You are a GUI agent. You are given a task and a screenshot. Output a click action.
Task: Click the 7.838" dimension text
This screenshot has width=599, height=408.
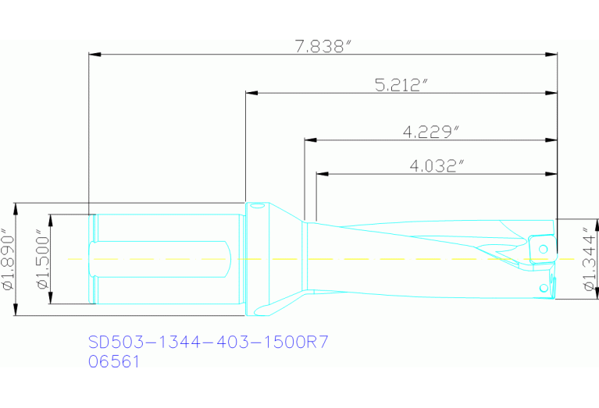(x=320, y=46)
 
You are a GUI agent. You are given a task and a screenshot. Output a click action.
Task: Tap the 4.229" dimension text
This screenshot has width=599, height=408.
(x=430, y=133)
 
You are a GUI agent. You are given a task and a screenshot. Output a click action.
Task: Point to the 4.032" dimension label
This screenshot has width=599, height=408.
(x=437, y=165)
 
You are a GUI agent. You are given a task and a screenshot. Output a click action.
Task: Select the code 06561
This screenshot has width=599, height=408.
(x=114, y=362)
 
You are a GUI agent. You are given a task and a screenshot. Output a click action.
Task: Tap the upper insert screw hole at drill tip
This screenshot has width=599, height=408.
(x=544, y=248)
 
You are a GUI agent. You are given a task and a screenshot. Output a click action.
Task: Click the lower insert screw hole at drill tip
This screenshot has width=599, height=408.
(x=544, y=288)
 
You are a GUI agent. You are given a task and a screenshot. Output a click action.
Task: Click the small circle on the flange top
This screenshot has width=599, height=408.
(x=257, y=206)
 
